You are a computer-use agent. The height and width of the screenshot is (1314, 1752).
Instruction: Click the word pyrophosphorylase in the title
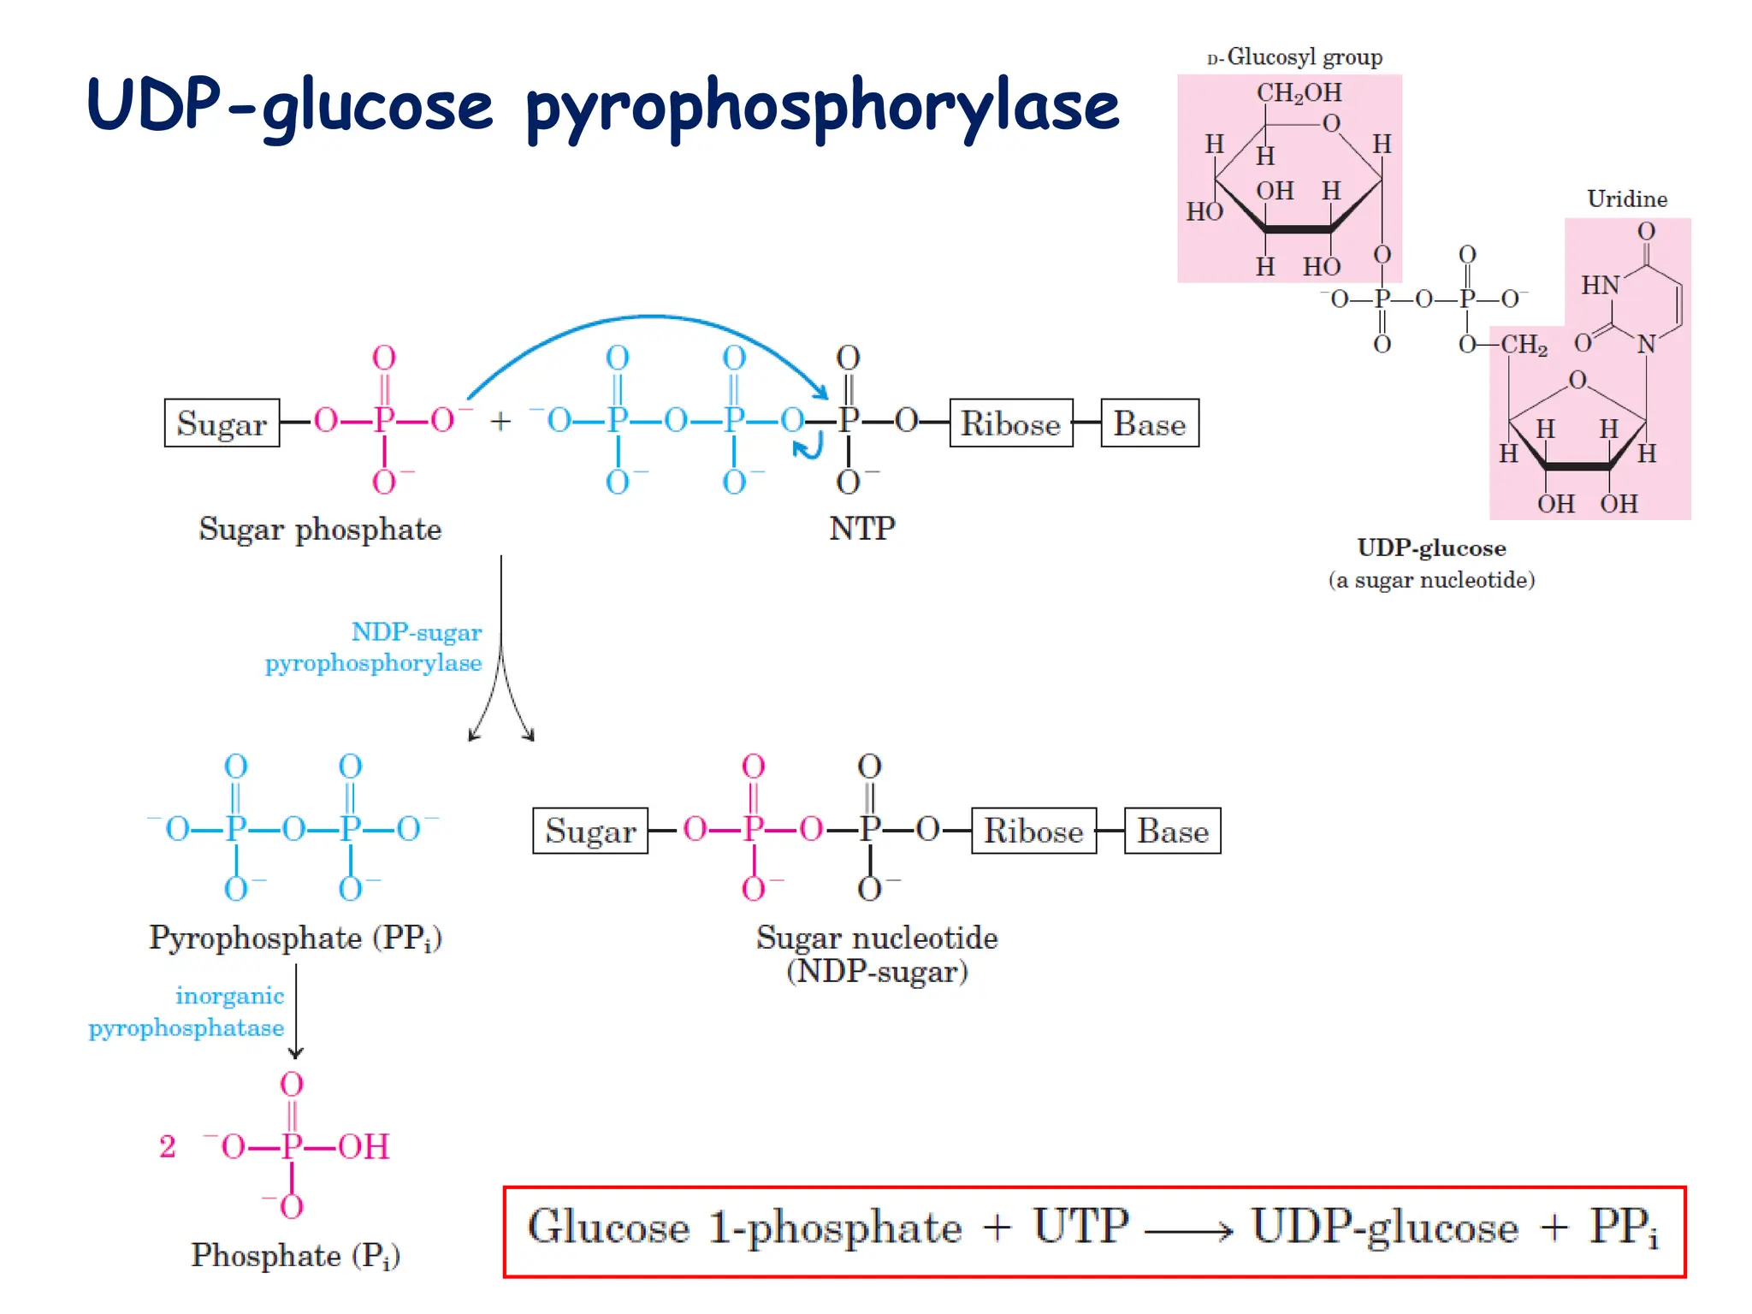[x=821, y=107]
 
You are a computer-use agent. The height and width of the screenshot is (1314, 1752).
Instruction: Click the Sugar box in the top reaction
[x=222, y=423]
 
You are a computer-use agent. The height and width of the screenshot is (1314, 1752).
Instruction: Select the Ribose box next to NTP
[x=1010, y=423]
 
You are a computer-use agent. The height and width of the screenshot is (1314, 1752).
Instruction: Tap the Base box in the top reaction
[x=1149, y=423]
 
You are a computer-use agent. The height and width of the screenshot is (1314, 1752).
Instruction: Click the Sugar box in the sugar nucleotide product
[x=590, y=831]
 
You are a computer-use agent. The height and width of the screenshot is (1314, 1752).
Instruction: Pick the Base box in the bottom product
[x=1172, y=831]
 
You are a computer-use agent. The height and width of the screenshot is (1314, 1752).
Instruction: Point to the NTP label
[x=861, y=528]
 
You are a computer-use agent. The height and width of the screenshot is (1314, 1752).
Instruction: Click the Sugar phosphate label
[x=320, y=529]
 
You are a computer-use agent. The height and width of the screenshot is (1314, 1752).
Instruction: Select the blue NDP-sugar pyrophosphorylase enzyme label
[x=374, y=647]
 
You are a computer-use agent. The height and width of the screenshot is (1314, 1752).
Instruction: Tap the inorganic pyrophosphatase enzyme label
[x=186, y=1011]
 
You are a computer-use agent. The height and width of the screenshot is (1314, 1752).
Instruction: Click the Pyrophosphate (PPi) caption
[x=295, y=938]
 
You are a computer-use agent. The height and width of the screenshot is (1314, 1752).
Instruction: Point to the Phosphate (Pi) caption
[x=295, y=1255]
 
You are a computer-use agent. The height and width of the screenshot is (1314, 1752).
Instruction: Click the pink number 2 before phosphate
[x=168, y=1146]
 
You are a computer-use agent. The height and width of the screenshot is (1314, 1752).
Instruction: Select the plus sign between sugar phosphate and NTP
[x=500, y=421]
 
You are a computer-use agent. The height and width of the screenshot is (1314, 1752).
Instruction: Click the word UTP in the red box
[x=1080, y=1226]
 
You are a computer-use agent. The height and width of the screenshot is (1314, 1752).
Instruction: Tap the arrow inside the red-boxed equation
[x=1188, y=1231]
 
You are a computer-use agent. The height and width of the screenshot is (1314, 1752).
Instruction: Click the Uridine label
[x=1626, y=198]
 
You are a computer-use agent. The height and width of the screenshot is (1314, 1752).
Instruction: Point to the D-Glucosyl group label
[x=1294, y=57]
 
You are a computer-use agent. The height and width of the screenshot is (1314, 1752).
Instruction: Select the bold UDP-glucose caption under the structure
[x=1431, y=547]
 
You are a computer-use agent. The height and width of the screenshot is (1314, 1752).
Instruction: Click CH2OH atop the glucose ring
[x=1299, y=92]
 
